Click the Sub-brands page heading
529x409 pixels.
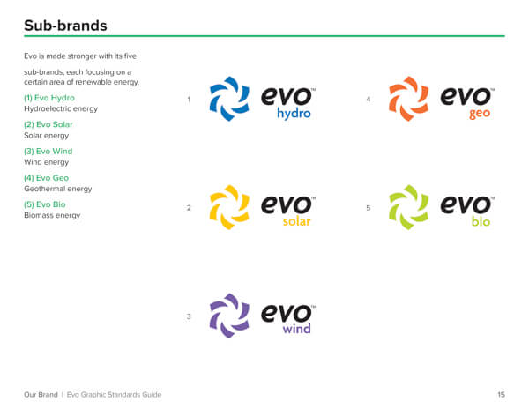coord(65,26)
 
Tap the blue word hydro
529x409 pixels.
coord(294,114)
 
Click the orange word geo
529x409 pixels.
coord(480,114)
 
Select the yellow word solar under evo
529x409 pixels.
coord(296,221)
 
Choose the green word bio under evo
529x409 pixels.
coord(481,221)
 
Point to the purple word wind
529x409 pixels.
coord(296,329)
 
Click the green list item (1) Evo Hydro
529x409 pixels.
coord(49,98)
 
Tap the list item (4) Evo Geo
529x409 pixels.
coord(46,178)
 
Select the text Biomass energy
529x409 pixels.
coord(52,215)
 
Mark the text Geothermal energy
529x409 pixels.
coord(57,189)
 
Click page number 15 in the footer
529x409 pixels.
coord(502,395)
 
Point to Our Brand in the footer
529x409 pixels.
coord(41,395)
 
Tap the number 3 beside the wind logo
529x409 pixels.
coord(189,316)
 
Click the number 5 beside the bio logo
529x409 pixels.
coord(369,208)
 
